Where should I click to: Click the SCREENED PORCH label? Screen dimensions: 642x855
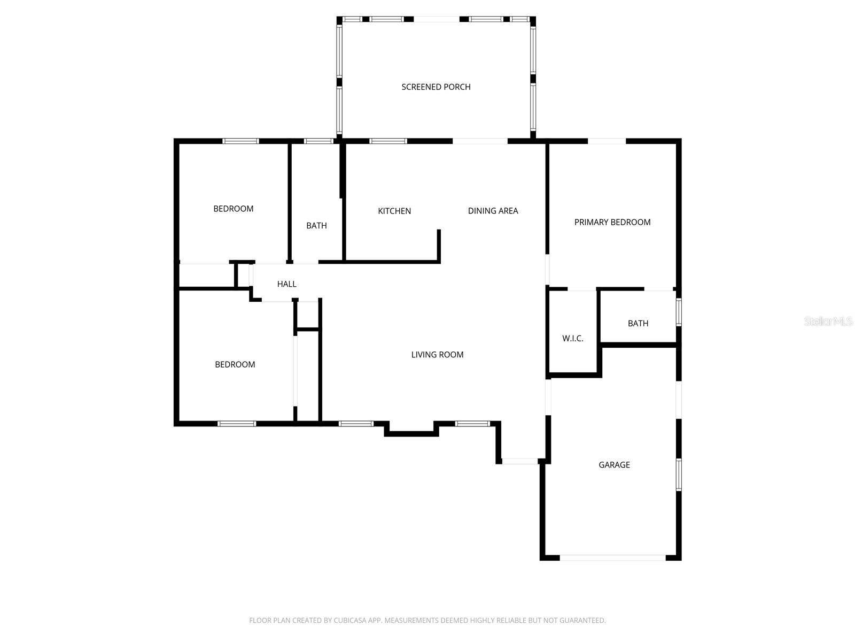[x=436, y=87]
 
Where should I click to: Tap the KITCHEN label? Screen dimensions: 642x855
[x=394, y=211]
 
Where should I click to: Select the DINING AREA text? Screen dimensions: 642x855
[x=493, y=211]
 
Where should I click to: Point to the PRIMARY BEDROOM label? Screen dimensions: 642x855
[x=612, y=222]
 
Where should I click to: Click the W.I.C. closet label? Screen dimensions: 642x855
[x=572, y=338]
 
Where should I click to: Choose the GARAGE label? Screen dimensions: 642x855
[x=614, y=465]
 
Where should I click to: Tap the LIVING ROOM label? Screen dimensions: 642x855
[x=437, y=354]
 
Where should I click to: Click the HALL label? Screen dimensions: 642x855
[x=286, y=284]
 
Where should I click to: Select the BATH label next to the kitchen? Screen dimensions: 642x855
[x=316, y=226]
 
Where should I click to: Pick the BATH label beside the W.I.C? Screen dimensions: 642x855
[x=638, y=323]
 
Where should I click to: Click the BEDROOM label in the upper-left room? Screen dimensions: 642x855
[x=233, y=209]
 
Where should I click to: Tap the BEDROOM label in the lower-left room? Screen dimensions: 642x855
[x=235, y=364]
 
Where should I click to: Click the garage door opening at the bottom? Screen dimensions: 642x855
[x=612, y=557]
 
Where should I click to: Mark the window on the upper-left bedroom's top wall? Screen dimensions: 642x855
[x=240, y=141]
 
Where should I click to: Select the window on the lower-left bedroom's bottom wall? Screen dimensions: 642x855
[x=237, y=424]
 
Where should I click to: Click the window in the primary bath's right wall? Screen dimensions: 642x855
[x=679, y=312]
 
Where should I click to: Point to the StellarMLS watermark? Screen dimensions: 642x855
[x=828, y=321]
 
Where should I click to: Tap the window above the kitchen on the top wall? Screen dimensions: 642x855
[x=388, y=141]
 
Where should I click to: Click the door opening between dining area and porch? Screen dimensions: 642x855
[x=480, y=141]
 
